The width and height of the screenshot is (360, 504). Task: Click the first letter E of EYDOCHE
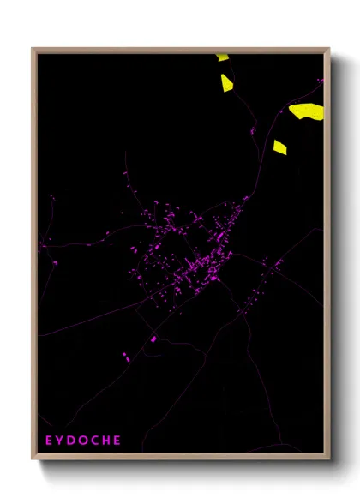(x=49, y=441)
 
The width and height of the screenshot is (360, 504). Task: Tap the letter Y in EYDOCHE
(x=61, y=441)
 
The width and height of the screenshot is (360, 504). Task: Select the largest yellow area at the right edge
(x=307, y=110)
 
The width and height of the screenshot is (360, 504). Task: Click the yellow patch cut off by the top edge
(x=223, y=57)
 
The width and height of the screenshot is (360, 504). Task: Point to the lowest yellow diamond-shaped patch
(x=279, y=147)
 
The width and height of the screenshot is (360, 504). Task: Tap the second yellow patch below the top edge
(x=226, y=82)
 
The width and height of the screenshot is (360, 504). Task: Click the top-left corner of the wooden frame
(x=33, y=50)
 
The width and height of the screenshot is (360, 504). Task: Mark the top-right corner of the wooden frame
(x=328, y=50)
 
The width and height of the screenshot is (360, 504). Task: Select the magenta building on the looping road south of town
(x=154, y=339)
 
